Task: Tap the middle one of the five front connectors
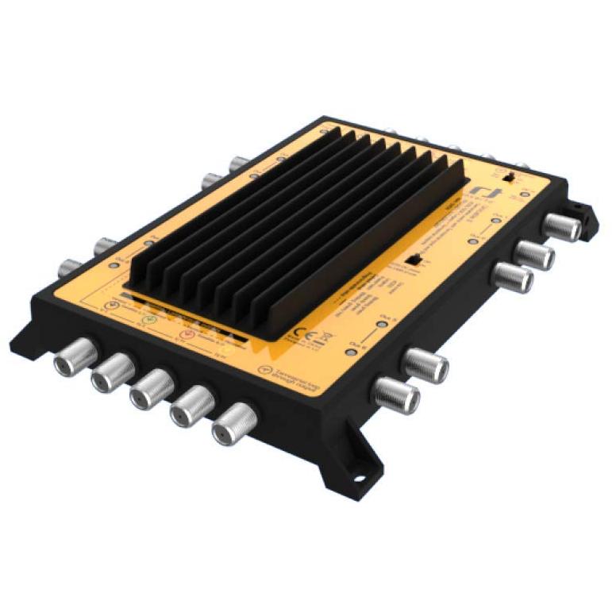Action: (151, 391)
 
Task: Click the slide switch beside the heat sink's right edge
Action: (413, 260)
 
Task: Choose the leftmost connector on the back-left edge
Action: (70, 267)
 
